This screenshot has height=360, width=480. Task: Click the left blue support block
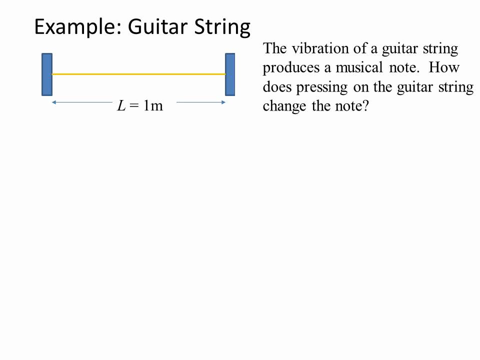pos(46,74)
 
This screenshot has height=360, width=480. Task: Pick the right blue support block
pos(230,74)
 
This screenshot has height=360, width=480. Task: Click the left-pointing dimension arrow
pos(80,102)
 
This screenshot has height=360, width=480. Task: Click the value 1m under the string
pos(153,105)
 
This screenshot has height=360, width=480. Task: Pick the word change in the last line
pos(285,106)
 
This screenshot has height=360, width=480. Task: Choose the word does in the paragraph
pos(277,87)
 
